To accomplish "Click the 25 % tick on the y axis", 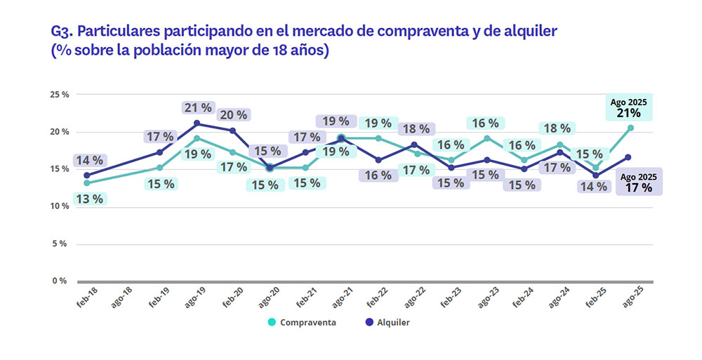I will pyautogui.click(x=59, y=94).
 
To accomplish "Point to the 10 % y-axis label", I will pyautogui.click(x=59, y=206).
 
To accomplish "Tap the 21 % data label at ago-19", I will pyautogui.click(x=197, y=107).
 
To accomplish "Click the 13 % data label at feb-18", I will pyautogui.click(x=89, y=199).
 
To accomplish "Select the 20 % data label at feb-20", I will pyautogui.click(x=234, y=114).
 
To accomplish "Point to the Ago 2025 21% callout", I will pyautogui.click(x=629, y=107).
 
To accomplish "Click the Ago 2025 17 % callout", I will pyautogui.click(x=639, y=182).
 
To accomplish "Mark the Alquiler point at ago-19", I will pyautogui.click(x=197, y=124).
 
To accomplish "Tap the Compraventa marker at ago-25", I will pyautogui.click(x=631, y=128).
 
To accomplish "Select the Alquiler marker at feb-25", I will pyautogui.click(x=595, y=175).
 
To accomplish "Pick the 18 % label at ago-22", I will pyautogui.click(x=416, y=129).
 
